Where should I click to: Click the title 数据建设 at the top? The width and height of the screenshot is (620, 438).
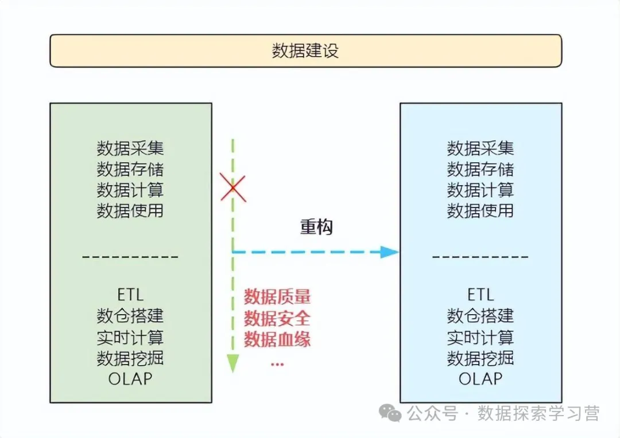[x=305, y=51]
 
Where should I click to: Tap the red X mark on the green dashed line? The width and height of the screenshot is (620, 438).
[x=233, y=189]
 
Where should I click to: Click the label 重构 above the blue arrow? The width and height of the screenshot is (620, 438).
[x=316, y=227]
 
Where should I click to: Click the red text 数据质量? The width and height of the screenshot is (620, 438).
[x=277, y=297]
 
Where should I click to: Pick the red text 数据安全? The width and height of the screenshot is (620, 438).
[x=277, y=318]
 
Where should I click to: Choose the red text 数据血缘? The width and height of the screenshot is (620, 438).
[x=277, y=339]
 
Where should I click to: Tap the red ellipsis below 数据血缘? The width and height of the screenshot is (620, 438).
[x=277, y=363]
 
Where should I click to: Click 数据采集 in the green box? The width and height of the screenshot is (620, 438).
[x=130, y=148]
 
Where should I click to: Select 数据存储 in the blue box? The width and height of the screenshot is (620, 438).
[x=480, y=169]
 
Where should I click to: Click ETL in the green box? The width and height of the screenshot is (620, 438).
[x=130, y=295]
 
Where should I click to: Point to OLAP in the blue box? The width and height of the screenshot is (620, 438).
[x=480, y=378]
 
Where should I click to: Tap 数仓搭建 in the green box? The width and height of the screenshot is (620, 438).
[x=130, y=316]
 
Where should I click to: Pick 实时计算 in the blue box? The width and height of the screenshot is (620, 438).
[x=480, y=337]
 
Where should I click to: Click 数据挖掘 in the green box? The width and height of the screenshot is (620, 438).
[x=130, y=358]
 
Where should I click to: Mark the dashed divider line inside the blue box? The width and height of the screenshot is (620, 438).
[x=480, y=257]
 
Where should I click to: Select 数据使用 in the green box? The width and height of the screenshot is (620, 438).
[x=130, y=210]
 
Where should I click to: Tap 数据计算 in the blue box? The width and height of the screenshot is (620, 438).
[x=480, y=190]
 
